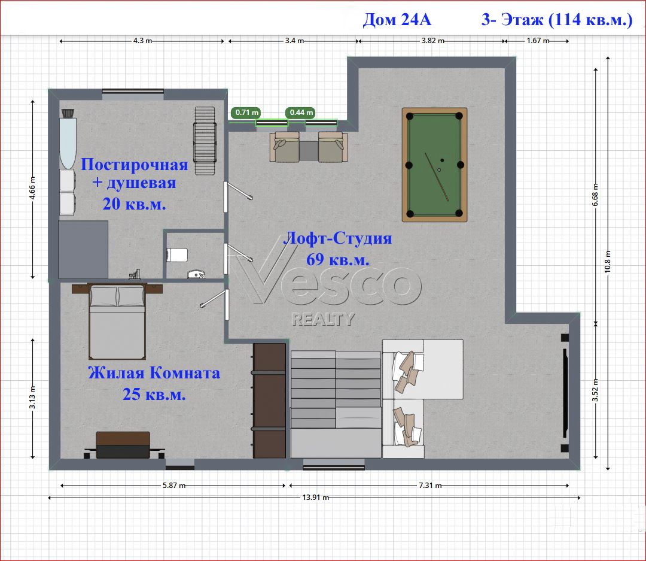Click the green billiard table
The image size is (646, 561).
coord(435,165)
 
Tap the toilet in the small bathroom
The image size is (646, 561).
coord(176,255)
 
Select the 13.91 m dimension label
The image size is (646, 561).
coord(316,498)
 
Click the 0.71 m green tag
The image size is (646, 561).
coord(246,112)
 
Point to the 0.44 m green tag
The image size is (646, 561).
coord(301,112)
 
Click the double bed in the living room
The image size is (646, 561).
coord(117,322)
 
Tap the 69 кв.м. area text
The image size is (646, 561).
coord(338,259)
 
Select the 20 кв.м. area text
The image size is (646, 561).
coord(135,204)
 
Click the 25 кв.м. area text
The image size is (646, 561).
coord(154,395)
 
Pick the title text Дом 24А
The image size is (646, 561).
coord(397,19)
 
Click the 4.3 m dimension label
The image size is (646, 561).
coord(142,41)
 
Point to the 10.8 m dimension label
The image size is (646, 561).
coord(608,262)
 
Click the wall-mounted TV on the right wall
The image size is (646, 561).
coord(565,393)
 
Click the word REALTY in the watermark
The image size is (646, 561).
coord(323,319)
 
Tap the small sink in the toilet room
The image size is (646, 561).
coord(196,274)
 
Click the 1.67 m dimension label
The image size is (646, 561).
coord(538,41)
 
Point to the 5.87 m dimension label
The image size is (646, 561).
coord(174,486)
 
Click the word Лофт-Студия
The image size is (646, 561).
coord(338,238)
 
